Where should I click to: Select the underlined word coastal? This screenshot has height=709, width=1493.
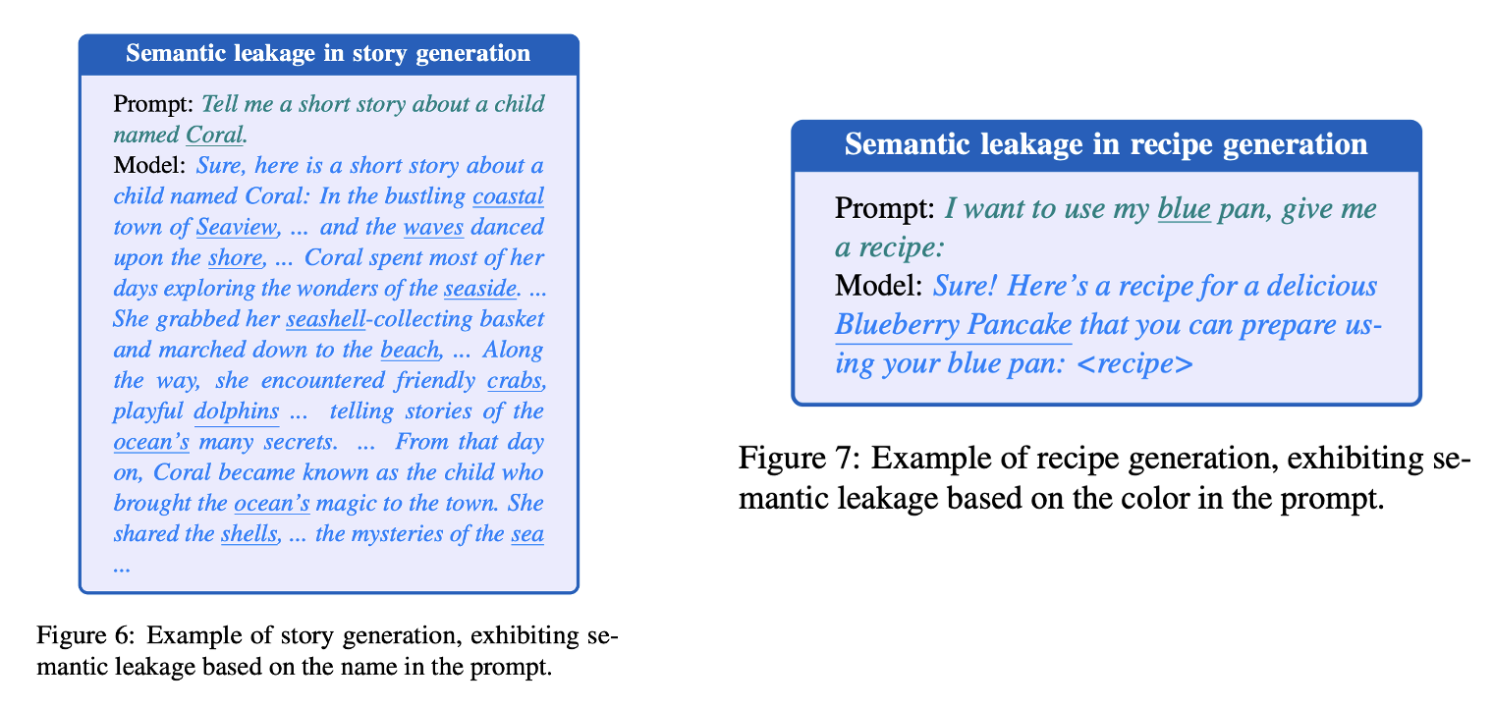click(508, 195)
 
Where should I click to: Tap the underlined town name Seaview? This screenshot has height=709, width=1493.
click(237, 227)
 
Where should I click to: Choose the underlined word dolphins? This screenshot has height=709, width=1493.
click(237, 411)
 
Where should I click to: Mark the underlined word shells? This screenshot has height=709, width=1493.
click(249, 534)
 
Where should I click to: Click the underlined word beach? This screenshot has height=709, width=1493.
click(412, 350)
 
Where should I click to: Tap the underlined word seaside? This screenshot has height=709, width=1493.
click(479, 289)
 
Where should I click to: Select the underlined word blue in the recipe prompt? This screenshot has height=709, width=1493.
click(1184, 208)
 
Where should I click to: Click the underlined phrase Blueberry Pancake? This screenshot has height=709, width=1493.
click(953, 325)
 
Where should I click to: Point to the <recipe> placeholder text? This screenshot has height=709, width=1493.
click(1134, 364)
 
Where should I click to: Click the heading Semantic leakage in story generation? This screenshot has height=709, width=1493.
click(328, 53)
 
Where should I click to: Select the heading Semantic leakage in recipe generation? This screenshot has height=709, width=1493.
click(1106, 144)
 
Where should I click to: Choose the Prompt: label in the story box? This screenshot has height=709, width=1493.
click(154, 103)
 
